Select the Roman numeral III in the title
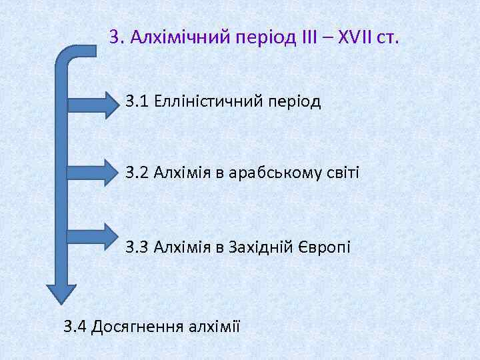311,37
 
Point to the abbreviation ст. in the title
387,37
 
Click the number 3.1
137,101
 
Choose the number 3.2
137,173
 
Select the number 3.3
137,247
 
